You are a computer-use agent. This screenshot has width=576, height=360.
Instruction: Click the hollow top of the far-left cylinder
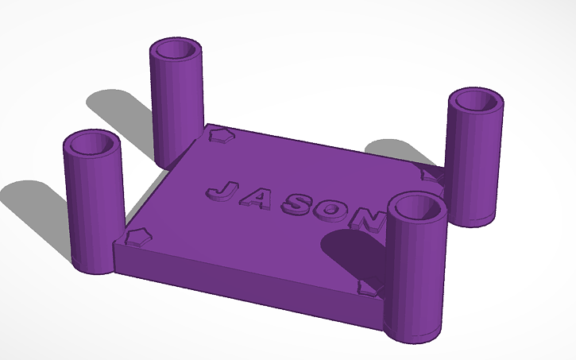click(91, 145)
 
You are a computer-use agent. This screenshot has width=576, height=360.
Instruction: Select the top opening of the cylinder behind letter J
click(176, 50)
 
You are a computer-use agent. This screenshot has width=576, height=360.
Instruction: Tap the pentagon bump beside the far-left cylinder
click(139, 237)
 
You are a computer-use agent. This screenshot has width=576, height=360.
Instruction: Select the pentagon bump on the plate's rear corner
click(219, 136)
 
